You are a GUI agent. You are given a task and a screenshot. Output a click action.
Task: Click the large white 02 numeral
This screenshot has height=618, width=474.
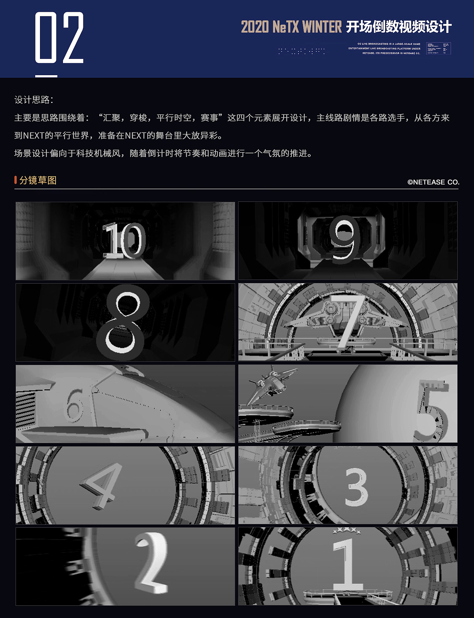(59, 37)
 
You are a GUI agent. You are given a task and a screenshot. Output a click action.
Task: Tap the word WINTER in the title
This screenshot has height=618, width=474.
(322, 27)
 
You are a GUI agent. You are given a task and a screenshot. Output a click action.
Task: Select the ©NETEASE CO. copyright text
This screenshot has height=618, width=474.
(433, 182)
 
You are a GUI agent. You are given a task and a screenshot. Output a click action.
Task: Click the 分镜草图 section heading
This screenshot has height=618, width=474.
(38, 180)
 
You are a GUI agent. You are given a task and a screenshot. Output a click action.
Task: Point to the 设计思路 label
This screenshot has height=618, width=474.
(33, 100)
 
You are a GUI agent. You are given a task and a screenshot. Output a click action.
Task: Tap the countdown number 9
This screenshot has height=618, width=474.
(345, 240)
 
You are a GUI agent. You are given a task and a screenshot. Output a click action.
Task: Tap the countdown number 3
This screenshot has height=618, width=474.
(356, 487)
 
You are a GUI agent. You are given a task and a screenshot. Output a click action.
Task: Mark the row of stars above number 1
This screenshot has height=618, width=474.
(347, 531)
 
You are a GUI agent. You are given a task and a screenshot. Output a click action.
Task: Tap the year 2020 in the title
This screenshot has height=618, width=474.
(255, 27)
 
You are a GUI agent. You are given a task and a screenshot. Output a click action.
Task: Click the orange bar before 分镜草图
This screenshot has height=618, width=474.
(16, 180)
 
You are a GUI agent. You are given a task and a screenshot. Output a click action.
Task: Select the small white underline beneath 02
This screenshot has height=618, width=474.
(46, 76)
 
